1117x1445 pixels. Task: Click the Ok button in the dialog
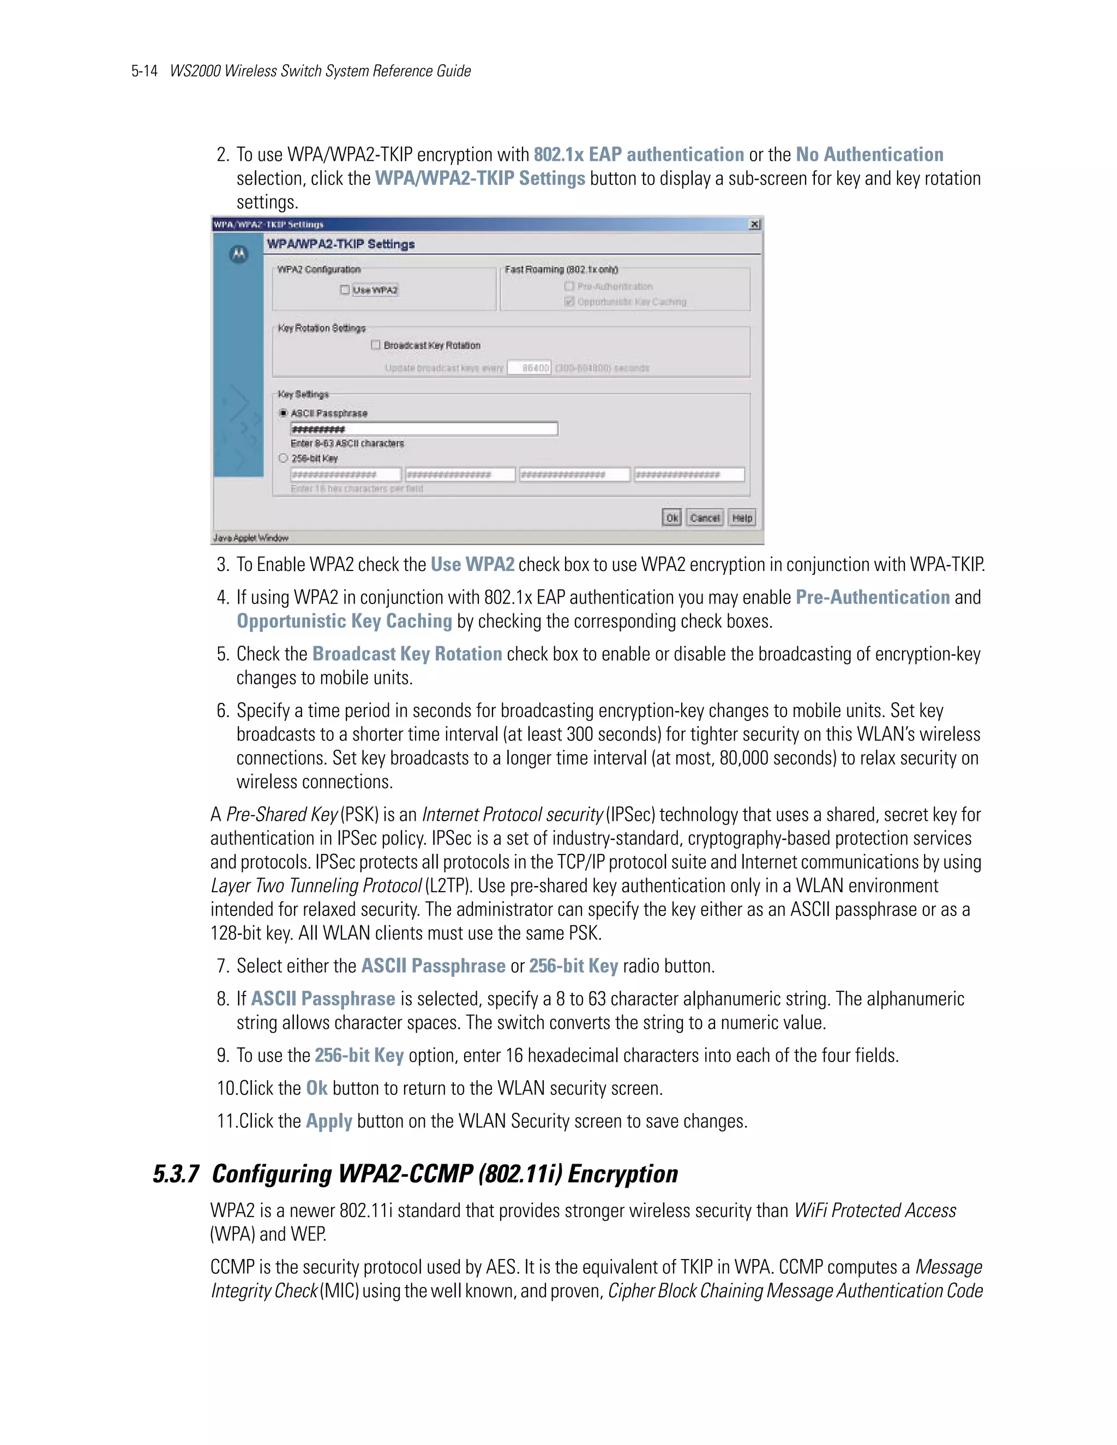point(671,517)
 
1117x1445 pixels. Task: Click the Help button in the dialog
point(742,517)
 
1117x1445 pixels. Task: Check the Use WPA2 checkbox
point(345,290)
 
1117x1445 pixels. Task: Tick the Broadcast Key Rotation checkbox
point(376,345)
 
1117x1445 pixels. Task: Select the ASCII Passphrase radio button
point(283,413)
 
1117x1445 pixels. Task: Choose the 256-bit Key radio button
point(283,458)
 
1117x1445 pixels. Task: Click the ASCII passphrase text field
point(423,429)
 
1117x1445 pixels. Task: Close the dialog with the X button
point(754,224)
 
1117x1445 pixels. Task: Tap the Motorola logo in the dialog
point(238,254)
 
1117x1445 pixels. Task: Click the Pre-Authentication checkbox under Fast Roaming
point(569,286)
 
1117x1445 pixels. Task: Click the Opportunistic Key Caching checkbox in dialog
point(569,302)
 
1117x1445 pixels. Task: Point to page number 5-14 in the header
point(144,71)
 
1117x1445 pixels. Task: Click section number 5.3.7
point(176,1174)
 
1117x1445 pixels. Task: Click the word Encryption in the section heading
point(623,1174)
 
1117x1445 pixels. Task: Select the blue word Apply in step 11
point(329,1121)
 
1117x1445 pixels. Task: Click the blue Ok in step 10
point(316,1088)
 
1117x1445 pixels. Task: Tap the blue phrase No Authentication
point(869,154)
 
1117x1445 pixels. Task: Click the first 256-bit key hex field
point(345,474)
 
